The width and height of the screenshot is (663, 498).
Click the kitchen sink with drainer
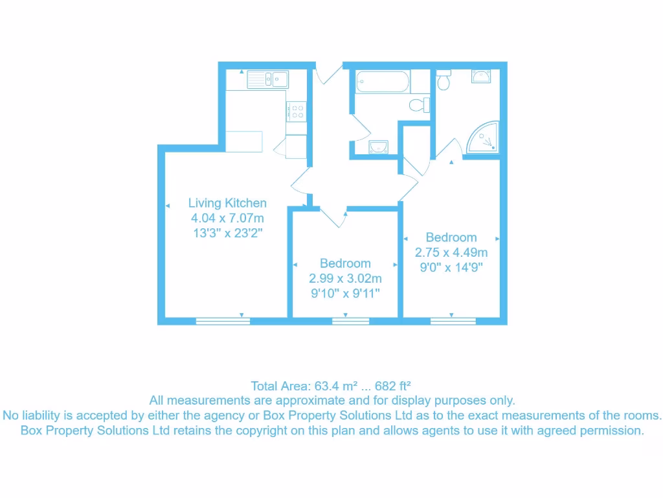[267, 80]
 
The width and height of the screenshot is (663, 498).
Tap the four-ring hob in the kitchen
[297, 112]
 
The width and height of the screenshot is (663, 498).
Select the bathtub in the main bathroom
[382, 82]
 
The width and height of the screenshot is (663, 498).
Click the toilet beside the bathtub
[420, 104]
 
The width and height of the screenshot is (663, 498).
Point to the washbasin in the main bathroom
[378, 147]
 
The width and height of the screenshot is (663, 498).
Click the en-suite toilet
[444, 81]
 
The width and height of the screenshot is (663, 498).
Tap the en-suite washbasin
[481, 76]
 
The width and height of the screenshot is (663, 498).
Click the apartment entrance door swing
[328, 75]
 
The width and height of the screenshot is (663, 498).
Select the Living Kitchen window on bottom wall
[223, 320]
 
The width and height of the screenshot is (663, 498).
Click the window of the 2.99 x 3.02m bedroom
[350, 320]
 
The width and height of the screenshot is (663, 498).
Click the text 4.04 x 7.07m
[227, 217]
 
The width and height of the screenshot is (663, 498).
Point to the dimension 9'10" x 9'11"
[345, 293]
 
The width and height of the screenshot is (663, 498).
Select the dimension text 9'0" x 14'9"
[451, 267]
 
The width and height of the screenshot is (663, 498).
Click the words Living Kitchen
[227, 203]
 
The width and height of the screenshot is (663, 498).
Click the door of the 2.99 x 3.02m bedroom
[333, 217]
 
